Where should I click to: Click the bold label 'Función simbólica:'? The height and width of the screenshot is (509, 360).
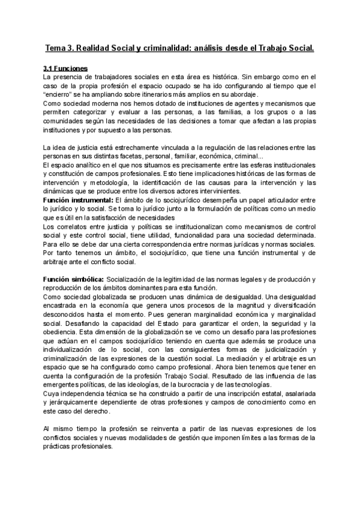pyautogui.click(x=73, y=279)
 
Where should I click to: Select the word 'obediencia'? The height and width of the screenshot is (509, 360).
pyautogui.click(x=61, y=331)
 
